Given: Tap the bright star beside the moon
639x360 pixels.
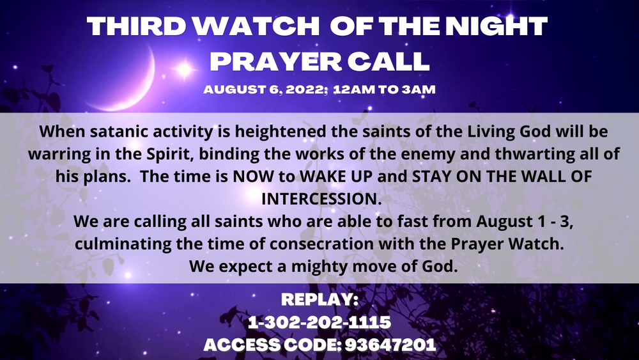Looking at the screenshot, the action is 184,70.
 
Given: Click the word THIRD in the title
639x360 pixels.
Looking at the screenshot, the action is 136,26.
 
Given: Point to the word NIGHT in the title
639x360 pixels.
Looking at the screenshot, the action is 497,26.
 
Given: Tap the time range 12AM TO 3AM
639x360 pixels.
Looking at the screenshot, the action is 384,90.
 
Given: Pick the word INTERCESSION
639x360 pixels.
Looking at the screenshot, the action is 321,199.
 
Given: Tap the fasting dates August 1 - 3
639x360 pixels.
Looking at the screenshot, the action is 525,222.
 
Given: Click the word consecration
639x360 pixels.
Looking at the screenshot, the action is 321,244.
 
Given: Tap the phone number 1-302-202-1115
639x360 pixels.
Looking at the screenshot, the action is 319,322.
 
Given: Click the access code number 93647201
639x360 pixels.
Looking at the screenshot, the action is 390,345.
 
